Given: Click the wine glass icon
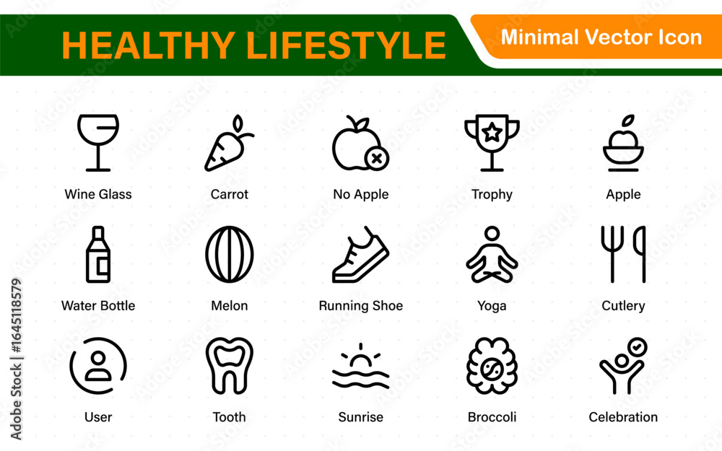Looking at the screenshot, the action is (x=98, y=143).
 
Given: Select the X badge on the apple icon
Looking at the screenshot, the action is (x=377, y=159).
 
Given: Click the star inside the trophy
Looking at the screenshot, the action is (x=492, y=133).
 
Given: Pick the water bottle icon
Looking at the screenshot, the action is (x=98, y=254).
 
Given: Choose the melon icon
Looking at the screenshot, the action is (x=230, y=254).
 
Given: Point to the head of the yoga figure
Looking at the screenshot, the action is (x=492, y=233).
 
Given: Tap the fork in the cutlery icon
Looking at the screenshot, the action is (x=612, y=254).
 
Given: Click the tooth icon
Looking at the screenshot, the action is (x=230, y=366).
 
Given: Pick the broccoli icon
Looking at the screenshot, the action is (x=492, y=366).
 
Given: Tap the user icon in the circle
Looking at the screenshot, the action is (x=98, y=366).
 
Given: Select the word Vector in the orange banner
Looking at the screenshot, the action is (x=618, y=37).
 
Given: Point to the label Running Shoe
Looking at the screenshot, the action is (x=360, y=305).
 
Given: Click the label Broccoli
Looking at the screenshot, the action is (x=492, y=417).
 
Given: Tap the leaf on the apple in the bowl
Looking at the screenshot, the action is (x=628, y=120).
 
